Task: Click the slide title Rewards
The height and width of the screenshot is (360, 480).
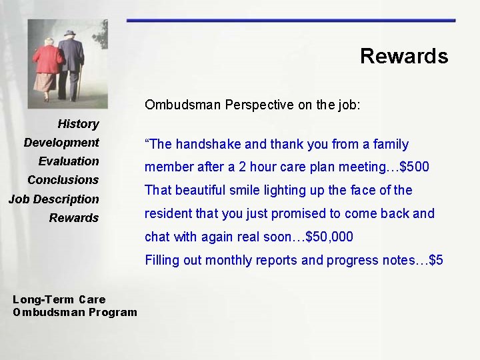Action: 403,56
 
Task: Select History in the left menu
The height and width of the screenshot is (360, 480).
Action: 78,124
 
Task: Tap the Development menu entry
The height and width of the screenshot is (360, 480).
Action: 61,143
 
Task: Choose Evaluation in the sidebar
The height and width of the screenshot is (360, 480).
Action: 69,161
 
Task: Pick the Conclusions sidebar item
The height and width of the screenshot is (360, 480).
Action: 63,180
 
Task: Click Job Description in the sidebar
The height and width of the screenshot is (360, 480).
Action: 53,199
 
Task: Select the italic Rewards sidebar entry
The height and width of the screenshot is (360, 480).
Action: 73,218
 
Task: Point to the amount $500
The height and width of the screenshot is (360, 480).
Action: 414,167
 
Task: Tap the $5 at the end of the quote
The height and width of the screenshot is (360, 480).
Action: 436,260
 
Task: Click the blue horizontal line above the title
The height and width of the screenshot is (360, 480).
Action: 291,21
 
